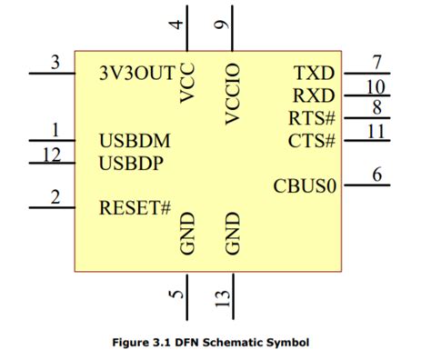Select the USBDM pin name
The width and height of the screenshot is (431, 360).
[135, 141]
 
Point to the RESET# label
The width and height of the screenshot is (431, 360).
[135, 207]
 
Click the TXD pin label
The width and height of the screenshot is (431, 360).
[314, 73]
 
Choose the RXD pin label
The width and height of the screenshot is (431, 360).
[314, 95]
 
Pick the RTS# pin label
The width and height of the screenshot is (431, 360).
[312, 117]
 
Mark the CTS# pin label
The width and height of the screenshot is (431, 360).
[312, 140]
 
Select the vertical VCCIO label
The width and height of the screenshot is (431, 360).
[231, 93]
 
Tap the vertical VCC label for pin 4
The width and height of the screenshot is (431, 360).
[187, 84]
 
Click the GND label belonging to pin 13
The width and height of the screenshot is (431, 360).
[231, 234]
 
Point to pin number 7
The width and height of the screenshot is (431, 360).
[377, 63]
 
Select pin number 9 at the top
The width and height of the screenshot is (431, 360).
[221, 25]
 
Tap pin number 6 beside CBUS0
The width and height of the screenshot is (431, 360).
[377, 176]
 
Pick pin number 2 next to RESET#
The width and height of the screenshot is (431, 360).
[55, 197]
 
